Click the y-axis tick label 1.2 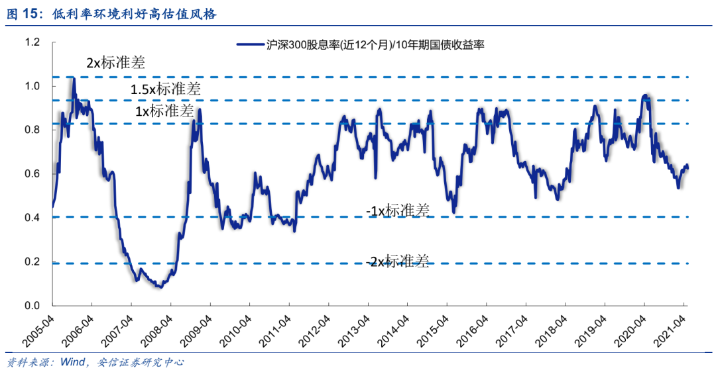(x=32, y=42)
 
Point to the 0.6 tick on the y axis (x=32, y=174)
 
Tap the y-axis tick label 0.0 (x=32, y=306)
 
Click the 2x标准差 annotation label (x=115, y=63)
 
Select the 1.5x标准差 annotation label (x=165, y=88)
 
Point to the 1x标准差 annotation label (x=165, y=111)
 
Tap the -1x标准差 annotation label (x=398, y=210)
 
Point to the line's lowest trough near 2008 (x=160, y=287)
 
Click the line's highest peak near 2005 (x=72, y=78)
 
